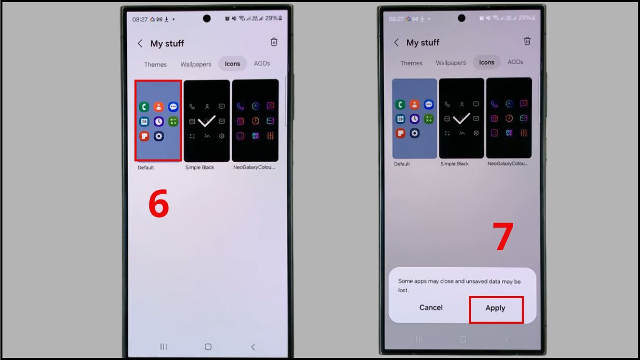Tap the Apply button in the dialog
tap(495, 308)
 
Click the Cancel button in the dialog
tap(431, 308)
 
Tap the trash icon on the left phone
tap(274, 42)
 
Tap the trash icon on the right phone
tap(527, 41)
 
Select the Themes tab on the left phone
tap(155, 65)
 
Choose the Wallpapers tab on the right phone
tap(451, 63)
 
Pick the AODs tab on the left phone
tap(262, 63)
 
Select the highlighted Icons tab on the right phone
tap(486, 62)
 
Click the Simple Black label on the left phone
tap(199, 167)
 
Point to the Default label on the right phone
tap(402, 164)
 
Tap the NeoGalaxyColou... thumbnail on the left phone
tap(255, 121)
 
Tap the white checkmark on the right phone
tap(461, 119)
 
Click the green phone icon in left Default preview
tap(144, 107)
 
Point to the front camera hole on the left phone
tap(207, 19)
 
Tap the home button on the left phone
tap(208, 347)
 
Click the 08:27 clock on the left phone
tap(140, 19)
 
